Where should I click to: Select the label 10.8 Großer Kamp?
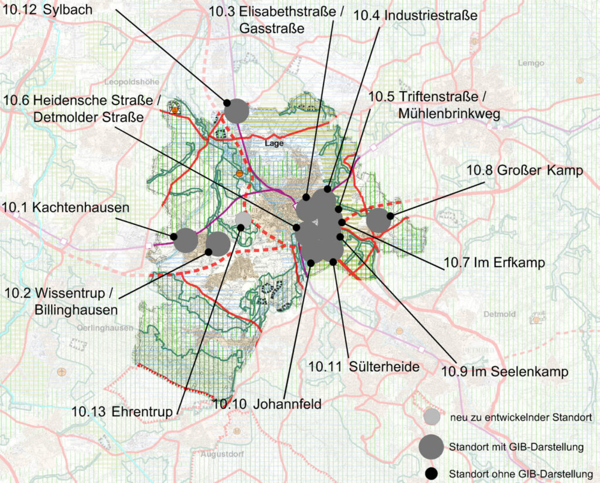point(524,171)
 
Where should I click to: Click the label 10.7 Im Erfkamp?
point(494,263)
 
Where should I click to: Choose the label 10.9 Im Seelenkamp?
point(504,371)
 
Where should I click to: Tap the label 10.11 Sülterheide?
point(364,367)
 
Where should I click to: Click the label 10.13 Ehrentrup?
point(123,412)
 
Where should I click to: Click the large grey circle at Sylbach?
point(237,110)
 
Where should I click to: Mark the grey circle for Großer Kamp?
point(379,221)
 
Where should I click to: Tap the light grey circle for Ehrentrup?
point(243,219)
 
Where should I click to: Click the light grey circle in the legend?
point(431,417)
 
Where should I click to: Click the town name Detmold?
point(499,314)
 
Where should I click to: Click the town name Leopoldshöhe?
point(128,82)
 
